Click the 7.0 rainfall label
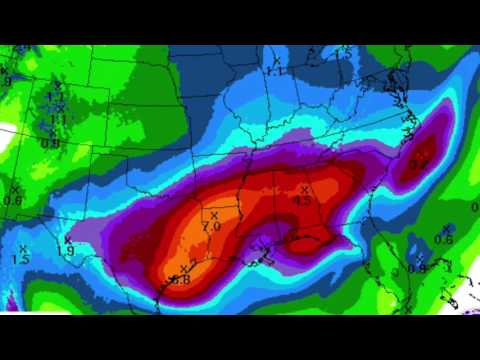pyautogui.click(x=211, y=227)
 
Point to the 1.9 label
pyautogui.click(x=66, y=250)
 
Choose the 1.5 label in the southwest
pyautogui.click(x=20, y=260)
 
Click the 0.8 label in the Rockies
pyautogui.click(x=50, y=143)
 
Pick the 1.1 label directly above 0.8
pyautogui.click(x=58, y=119)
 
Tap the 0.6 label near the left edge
pyautogui.click(x=13, y=200)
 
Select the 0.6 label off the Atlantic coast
pyautogui.click(x=444, y=239)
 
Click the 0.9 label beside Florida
pyautogui.click(x=417, y=268)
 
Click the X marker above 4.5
pyautogui.click(x=305, y=186)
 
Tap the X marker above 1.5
pyautogui.click(x=22, y=248)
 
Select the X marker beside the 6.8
pyautogui.click(x=183, y=268)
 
